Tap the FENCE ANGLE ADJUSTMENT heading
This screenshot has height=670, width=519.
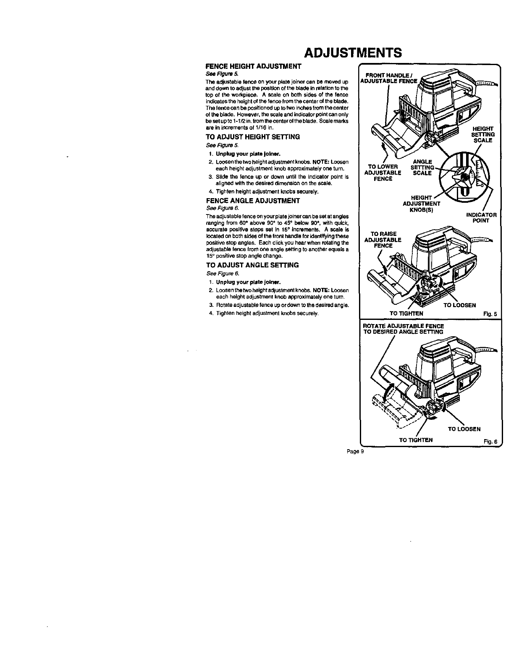pos(252,201)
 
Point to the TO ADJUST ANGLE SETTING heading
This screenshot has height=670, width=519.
pos(252,265)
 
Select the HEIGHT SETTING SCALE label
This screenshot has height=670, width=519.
pos(483,134)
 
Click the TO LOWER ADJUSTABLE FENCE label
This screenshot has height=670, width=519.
pos(382,173)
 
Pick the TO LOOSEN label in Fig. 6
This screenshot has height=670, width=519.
pos(464,429)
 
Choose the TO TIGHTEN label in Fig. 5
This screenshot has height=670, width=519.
pos(406,313)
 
